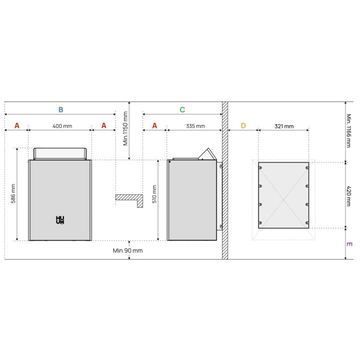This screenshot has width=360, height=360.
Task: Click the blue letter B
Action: pyautogui.click(x=60, y=110)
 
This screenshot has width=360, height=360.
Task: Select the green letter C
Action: pyautogui.click(x=182, y=110)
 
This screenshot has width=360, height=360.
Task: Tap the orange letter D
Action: pyautogui.click(x=243, y=126)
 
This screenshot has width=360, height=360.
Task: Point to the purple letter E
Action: pyautogui.click(x=349, y=244)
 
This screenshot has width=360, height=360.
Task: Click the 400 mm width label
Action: pyautogui.click(x=62, y=126)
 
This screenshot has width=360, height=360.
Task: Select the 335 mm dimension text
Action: pyautogui.click(x=195, y=126)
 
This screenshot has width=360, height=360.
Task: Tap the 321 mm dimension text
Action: pyautogui.click(x=284, y=126)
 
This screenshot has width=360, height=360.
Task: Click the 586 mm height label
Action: pyautogui.click(x=13, y=194)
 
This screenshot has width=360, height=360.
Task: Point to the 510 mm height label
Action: pyautogui.click(x=154, y=194)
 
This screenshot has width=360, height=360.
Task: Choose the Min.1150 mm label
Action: pyautogui.click(x=125, y=129)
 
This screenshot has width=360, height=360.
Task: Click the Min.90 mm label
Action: pyautogui.click(x=128, y=251)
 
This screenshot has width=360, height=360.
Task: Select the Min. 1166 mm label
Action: pyautogui.click(x=349, y=131)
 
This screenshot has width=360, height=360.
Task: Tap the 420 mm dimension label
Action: pyautogui.click(x=349, y=196)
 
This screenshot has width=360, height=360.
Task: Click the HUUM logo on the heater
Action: pyautogui.click(x=60, y=220)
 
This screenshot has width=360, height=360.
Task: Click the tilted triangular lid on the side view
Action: pyautogui.click(x=208, y=155)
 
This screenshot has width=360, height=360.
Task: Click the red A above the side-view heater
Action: pyautogui.click(x=155, y=126)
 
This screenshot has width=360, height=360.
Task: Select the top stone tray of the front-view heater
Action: pyautogui.click(x=60, y=154)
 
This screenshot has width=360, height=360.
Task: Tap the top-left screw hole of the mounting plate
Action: pyautogui.click(x=260, y=168)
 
